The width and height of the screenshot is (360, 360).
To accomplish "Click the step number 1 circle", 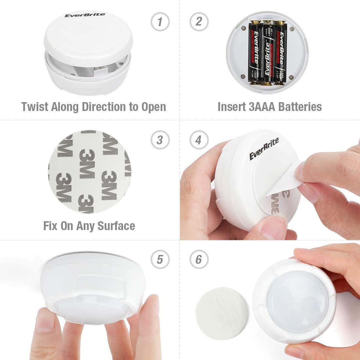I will pyautogui.click(x=160, y=22).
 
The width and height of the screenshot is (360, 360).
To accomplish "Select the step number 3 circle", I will pyautogui.click(x=160, y=140).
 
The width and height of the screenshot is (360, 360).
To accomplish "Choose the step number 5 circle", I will pyautogui.click(x=160, y=260).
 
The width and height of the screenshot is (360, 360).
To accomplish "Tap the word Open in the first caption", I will pyautogui.click(x=153, y=107).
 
